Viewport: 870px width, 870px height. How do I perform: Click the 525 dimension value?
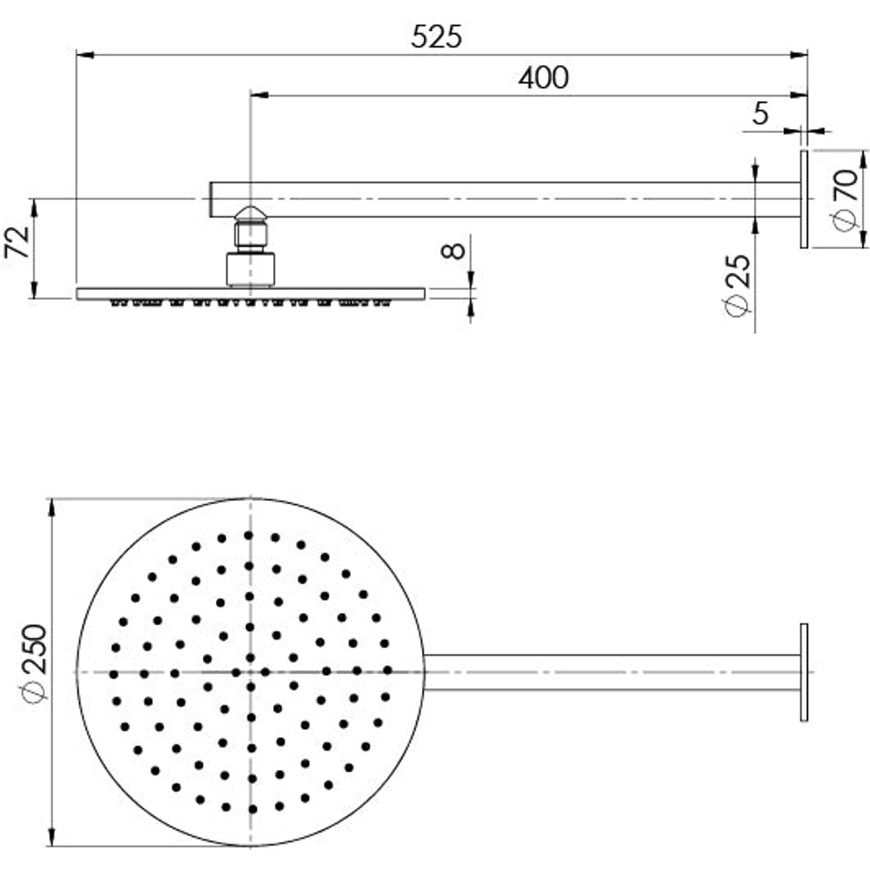point(437,37)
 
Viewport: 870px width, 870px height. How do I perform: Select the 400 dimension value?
point(543,78)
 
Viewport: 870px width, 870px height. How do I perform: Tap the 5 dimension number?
point(760,114)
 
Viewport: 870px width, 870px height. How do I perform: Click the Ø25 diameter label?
point(738,285)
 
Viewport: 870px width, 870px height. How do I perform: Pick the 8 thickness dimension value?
point(455,250)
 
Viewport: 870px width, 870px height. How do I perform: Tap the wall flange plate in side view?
point(803,199)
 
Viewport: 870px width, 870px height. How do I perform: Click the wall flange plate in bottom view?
point(803,672)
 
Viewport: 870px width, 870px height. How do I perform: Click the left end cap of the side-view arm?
point(212,199)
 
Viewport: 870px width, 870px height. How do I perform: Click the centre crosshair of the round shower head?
point(251,672)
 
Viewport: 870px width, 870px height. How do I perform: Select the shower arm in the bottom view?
point(612,673)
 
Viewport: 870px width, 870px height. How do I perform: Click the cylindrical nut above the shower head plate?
point(250,269)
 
